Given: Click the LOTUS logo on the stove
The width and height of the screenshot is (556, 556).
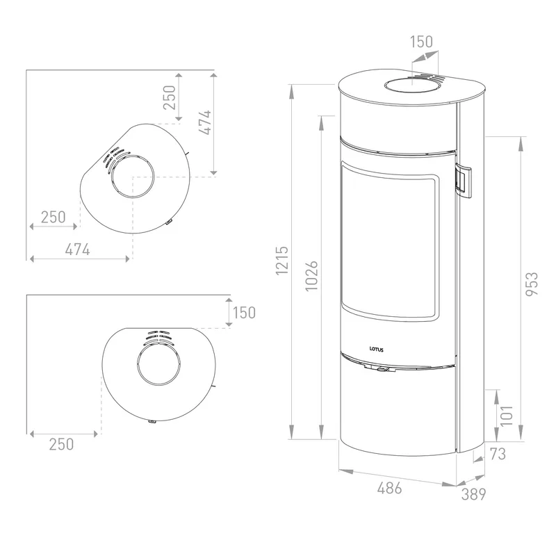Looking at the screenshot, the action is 376,350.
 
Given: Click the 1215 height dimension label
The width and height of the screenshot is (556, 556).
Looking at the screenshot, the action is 282,260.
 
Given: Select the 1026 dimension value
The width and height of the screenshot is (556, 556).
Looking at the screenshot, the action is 311,276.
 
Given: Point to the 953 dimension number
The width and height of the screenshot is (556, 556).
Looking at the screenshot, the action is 532,284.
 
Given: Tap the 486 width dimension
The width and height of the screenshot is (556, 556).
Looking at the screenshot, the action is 389,489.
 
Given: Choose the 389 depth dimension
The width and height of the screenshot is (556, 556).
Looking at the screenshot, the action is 474,494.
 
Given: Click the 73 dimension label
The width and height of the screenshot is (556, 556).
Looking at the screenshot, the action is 497,454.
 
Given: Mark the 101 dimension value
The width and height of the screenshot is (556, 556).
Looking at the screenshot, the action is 507,415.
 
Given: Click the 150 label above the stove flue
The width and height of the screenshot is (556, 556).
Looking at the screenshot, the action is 422,42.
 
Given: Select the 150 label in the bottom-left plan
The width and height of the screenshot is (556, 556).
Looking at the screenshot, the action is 245,313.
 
